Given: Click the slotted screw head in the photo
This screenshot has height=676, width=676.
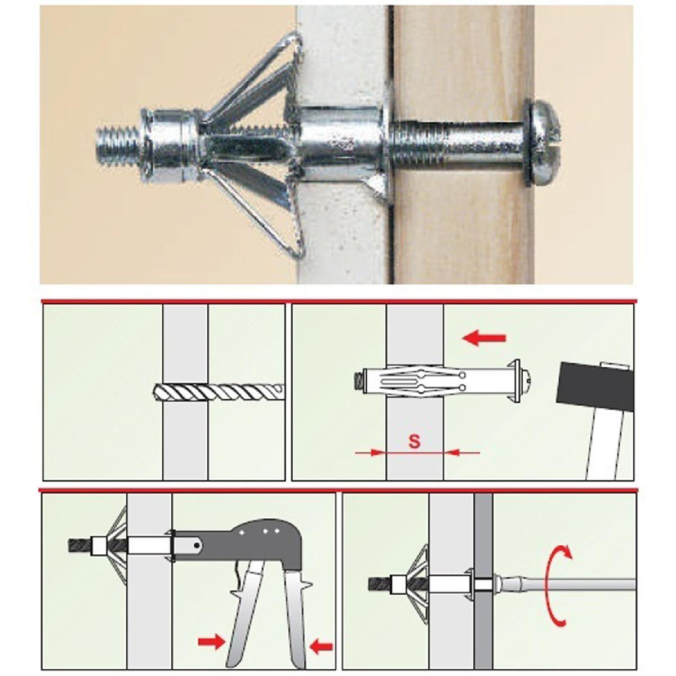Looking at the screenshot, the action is [x=543, y=140].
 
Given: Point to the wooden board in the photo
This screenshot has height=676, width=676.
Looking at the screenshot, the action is [x=463, y=144].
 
